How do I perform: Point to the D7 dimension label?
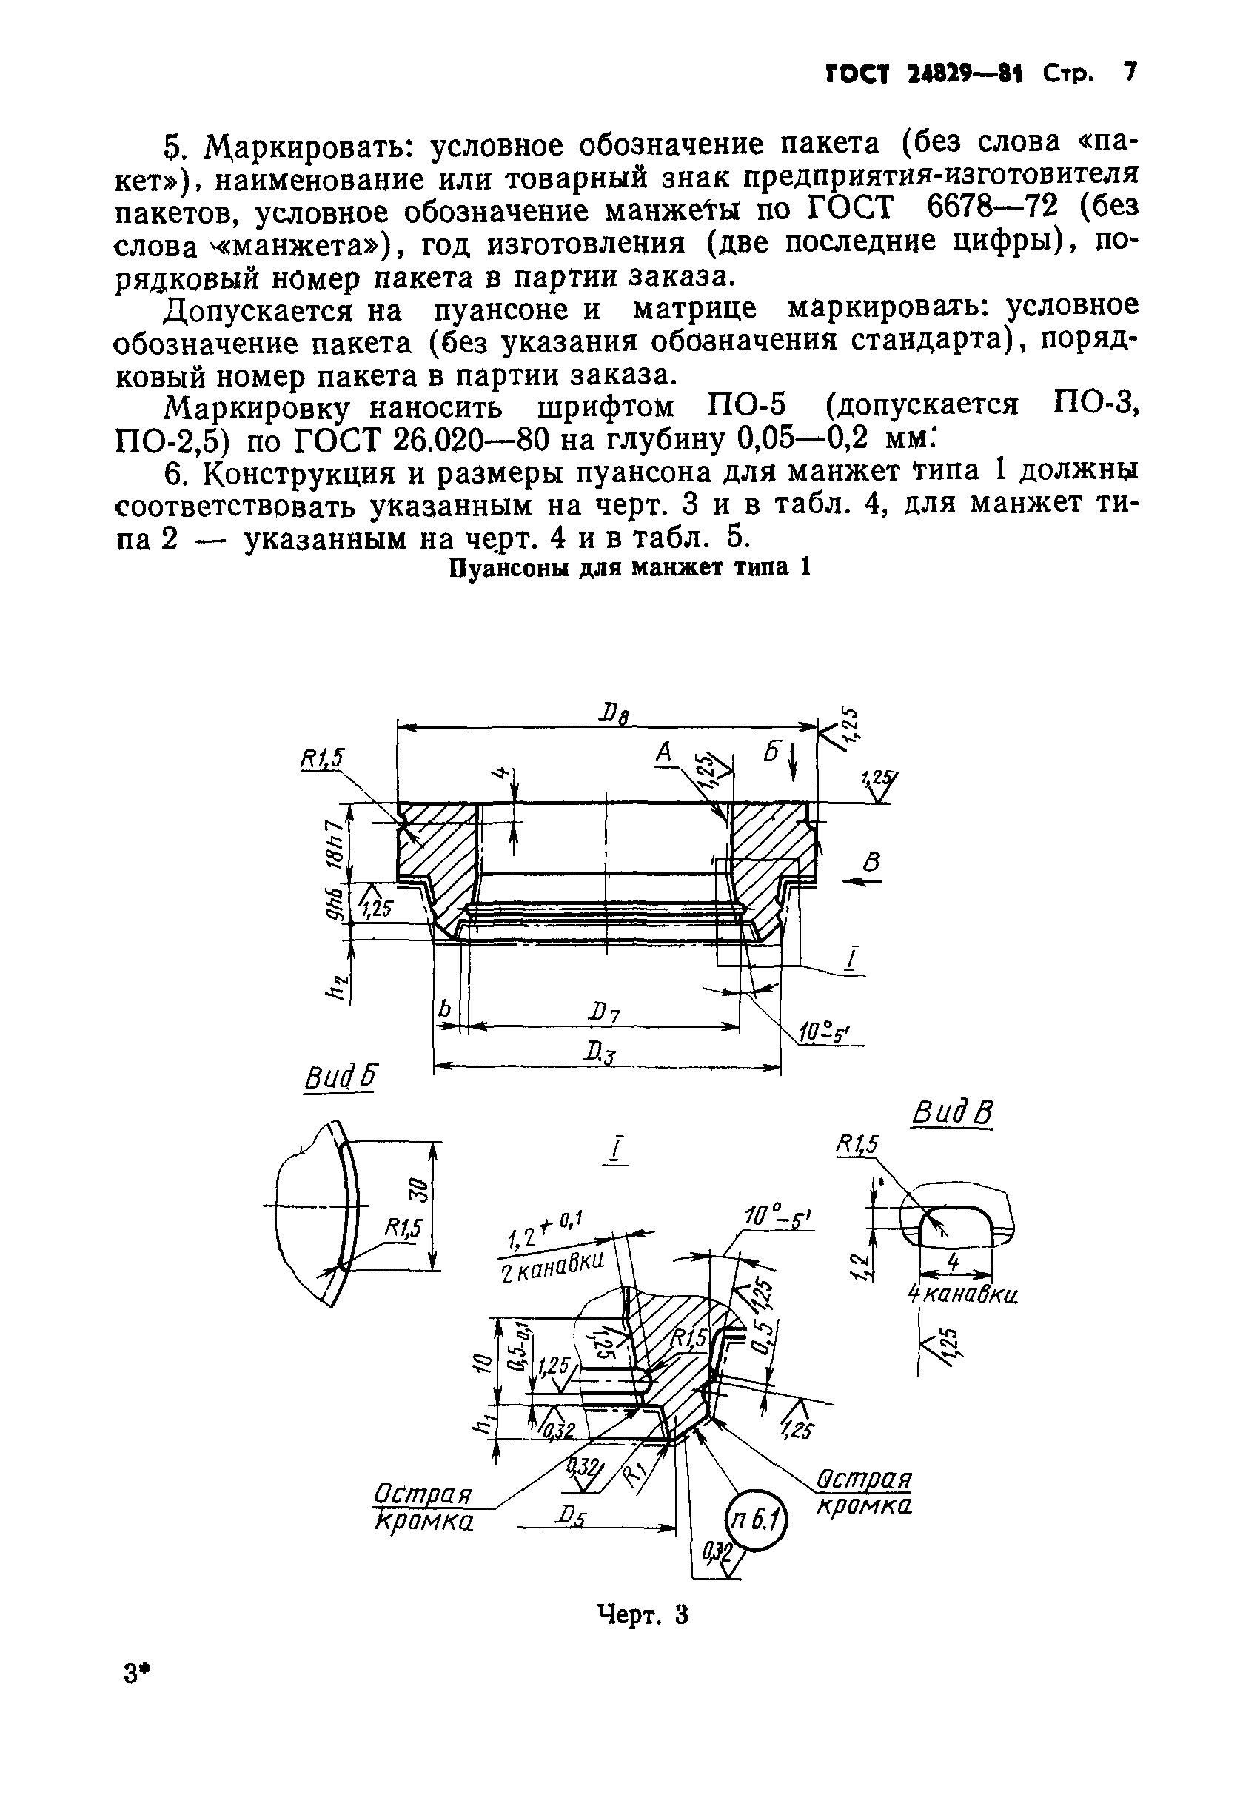coord(605,1014)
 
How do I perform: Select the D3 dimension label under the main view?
coord(600,1054)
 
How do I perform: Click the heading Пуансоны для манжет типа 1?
coord(629,566)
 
